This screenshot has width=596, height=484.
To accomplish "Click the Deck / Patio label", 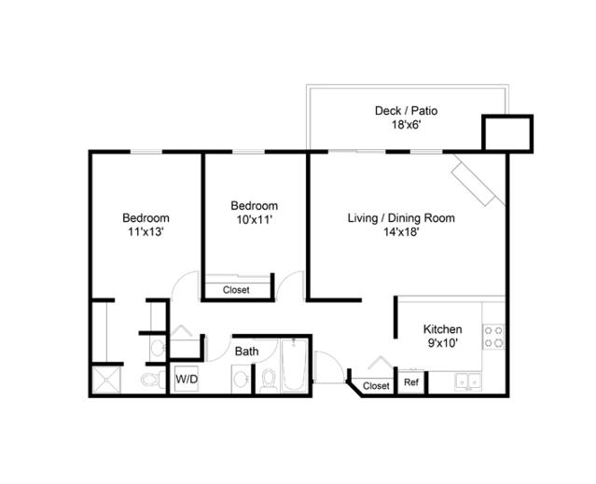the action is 406,111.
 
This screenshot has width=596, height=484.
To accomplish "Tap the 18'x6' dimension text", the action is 407,125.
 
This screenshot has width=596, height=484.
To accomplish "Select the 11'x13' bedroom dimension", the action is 146,231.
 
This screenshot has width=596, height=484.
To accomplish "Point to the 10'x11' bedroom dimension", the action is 255,219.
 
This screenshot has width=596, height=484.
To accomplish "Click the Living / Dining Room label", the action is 401,218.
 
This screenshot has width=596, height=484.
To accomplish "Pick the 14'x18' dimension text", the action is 401,232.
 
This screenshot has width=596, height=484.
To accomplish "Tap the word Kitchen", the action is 443,329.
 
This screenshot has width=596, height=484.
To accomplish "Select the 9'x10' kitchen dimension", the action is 443,343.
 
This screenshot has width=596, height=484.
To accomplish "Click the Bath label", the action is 246,352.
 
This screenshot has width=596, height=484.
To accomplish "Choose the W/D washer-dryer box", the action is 187,380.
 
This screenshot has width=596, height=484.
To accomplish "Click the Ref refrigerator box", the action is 411,382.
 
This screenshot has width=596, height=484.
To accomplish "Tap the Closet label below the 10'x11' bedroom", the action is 236,290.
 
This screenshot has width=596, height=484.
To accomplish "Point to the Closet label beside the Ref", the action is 376,386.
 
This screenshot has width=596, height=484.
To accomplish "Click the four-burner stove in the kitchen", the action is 493,337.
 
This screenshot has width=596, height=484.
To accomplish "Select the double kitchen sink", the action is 468,381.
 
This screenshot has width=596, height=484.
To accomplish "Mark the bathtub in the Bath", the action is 294,366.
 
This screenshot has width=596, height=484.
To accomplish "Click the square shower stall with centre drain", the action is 106,380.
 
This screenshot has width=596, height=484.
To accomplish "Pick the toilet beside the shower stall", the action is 153,380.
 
